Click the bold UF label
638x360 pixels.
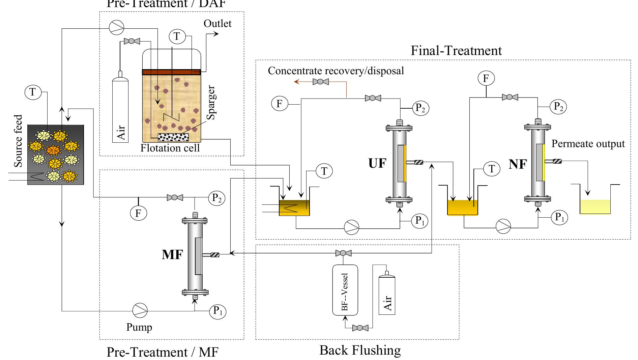pos(377,163)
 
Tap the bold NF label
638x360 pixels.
pos(518,164)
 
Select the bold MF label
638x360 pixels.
pos(172,254)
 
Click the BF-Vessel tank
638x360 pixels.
pos(345,290)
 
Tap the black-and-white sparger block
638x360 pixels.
pos(173,137)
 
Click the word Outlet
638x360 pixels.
pos(217,24)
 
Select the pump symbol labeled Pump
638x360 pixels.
pos(140,310)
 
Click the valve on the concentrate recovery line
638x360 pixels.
pos(321,82)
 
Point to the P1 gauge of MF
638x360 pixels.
pos(218,311)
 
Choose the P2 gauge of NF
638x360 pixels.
pos(558,107)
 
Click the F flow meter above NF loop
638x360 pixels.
pos(486,79)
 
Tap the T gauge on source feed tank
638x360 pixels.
pos(33,92)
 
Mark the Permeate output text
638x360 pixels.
pos(588,144)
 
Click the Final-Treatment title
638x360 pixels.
pos(456,51)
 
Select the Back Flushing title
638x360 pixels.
pos(360,350)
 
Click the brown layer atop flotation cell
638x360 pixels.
pos(171,72)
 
